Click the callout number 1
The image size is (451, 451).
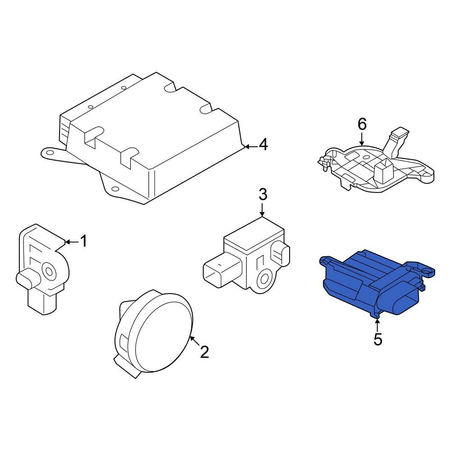point(83,241)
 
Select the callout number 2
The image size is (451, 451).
point(204,352)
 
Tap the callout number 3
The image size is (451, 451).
point(263,194)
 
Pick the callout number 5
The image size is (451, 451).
point(378,339)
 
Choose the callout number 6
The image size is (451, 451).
point(362,124)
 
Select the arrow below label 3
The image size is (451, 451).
point(262,210)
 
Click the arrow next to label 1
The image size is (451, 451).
point(72,242)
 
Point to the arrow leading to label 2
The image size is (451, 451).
point(195,341)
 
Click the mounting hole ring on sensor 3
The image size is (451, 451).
point(264,279)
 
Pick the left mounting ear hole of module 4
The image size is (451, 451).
point(49,153)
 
